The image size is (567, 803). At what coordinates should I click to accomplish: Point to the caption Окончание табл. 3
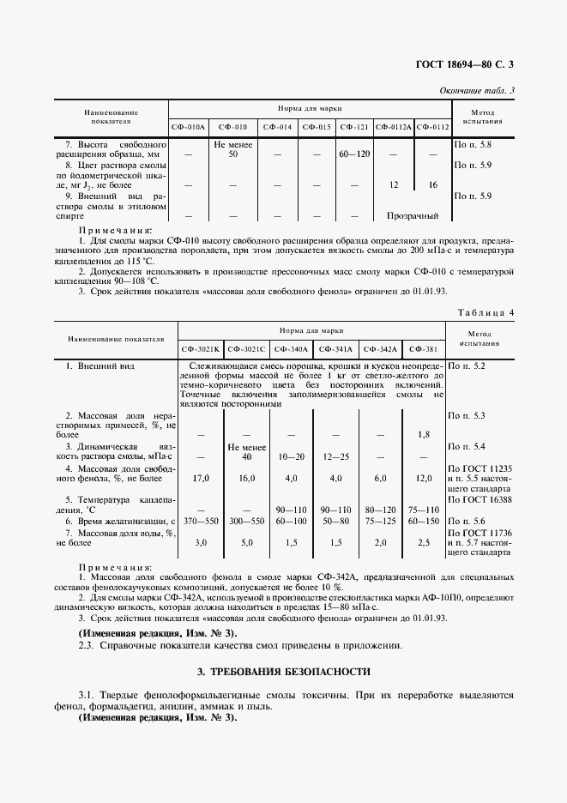477,90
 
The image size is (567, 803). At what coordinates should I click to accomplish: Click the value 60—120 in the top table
354,154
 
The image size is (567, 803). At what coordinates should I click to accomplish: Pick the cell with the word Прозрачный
413,216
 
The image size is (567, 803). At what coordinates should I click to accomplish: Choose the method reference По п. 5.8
473,144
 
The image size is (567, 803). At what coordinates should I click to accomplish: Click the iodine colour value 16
432,184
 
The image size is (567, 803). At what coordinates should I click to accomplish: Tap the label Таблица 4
486,312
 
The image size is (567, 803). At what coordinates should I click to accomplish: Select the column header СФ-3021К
201,349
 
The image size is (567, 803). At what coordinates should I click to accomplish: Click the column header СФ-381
424,349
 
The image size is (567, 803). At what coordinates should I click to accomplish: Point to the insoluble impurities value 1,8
424,435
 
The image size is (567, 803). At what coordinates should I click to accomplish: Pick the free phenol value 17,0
202,478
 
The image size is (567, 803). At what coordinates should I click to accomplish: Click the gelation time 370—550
202,521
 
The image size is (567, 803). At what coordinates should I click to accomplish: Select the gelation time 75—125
380,521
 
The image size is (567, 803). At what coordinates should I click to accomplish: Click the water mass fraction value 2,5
424,542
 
